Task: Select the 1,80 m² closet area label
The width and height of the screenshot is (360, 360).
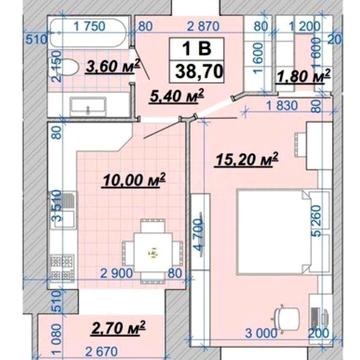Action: (x=303, y=75)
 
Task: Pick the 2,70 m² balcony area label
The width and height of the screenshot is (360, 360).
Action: (x=118, y=326)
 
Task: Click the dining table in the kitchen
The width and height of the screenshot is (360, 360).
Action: (x=151, y=250)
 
